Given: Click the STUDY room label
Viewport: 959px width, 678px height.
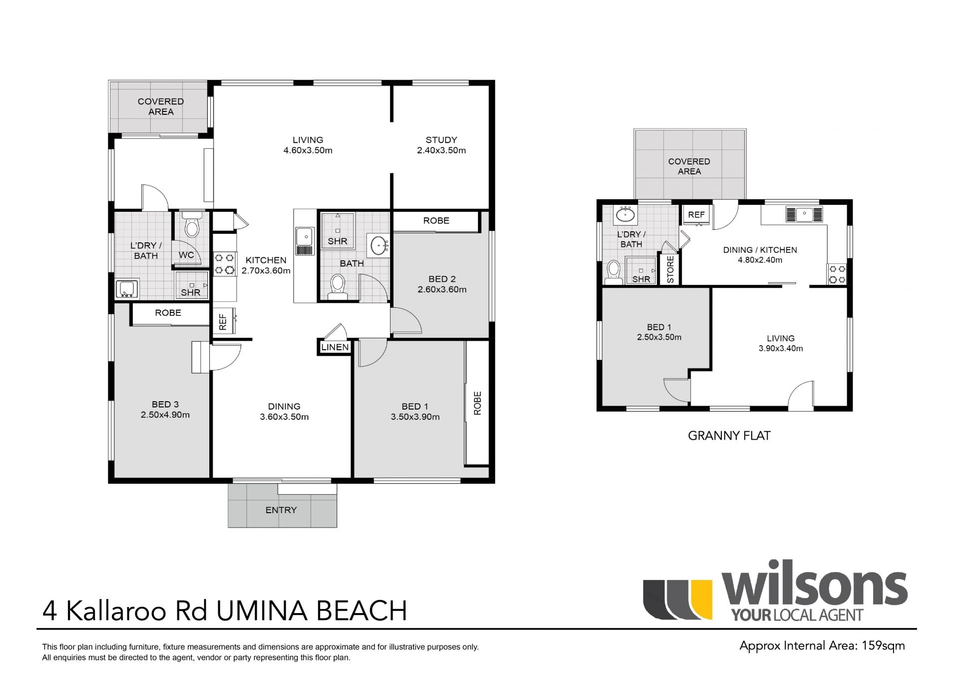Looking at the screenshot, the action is pos(441,140).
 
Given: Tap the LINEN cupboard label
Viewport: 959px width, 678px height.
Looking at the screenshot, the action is pos(335,347).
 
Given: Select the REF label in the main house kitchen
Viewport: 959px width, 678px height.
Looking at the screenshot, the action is pos(223,322).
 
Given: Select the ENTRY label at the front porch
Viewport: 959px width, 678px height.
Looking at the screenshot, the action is pos(281,510).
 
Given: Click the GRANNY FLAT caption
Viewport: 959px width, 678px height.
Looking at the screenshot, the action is pos(729,436).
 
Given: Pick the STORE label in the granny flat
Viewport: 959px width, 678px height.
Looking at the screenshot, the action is pos(670,269).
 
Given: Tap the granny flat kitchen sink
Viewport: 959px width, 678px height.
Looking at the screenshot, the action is pos(804,214).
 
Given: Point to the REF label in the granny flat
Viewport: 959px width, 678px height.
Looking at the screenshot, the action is pos(696,215).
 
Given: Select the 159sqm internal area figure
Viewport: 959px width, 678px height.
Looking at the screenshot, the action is pos(883,646).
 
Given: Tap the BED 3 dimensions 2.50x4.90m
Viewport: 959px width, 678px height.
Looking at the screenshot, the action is pos(165,415).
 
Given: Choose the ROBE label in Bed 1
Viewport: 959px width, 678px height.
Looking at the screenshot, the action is pos(478,403).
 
